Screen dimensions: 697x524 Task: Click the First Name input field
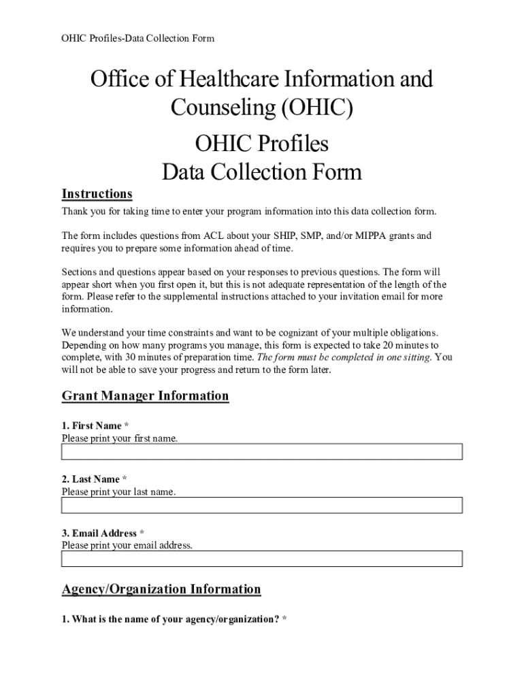262,452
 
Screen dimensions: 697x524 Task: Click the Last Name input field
262,505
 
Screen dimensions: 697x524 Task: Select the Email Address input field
262,559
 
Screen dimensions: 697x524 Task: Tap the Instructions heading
97,194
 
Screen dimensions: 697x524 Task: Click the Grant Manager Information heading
145,396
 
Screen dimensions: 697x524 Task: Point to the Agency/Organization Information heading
161,589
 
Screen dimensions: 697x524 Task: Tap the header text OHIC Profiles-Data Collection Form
138,38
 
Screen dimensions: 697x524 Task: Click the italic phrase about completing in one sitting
342,357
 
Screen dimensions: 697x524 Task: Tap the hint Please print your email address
127,545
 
